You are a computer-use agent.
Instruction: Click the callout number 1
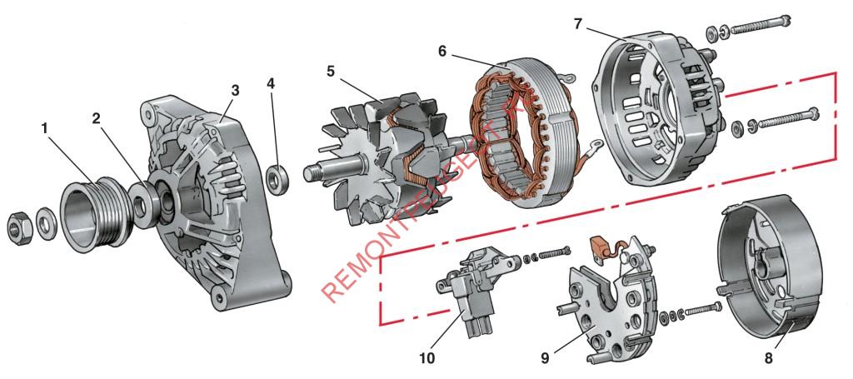(x=45, y=129)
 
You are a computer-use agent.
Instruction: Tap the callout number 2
(x=97, y=117)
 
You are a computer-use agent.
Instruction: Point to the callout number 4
(x=271, y=83)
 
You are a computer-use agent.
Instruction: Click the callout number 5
(x=331, y=72)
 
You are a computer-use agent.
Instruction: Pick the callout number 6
(x=442, y=51)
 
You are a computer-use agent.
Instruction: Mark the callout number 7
(x=578, y=22)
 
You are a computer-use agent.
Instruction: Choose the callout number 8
(x=767, y=359)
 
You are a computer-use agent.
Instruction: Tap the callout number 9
(x=545, y=359)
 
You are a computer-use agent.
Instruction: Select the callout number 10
(x=426, y=359)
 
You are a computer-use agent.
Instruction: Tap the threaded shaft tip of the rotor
(x=312, y=172)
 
